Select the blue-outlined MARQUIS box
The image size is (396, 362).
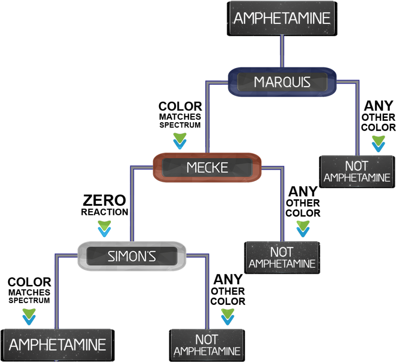tap(282, 82)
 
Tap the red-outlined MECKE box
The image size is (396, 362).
tap(207, 167)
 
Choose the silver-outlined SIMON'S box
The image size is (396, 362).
tap(131, 256)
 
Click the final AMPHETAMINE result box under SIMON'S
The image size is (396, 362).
tap(58, 344)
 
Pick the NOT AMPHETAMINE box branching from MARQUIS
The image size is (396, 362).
tap(356, 171)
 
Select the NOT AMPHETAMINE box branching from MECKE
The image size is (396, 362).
tap(282, 257)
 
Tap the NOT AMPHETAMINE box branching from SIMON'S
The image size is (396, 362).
tap(207, 345)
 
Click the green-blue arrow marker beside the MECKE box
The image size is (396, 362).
tap(179, 141)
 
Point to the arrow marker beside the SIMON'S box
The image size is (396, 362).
tap(104, 229)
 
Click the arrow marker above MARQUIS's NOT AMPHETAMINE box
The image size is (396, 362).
tap(378, 143)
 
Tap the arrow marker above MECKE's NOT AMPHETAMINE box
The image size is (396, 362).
tap(303, 228)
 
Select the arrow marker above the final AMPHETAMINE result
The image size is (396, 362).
tap(29, 316)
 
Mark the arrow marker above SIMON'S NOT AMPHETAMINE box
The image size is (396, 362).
tap(228, 316)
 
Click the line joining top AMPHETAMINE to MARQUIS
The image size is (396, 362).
tap(282, 51)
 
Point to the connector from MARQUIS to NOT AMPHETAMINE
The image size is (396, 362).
tap(357, 119)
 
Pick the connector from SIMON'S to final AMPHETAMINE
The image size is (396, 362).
tap(57, 290)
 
